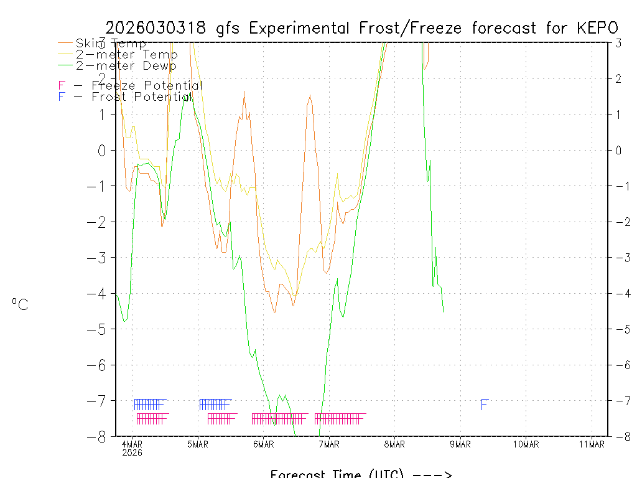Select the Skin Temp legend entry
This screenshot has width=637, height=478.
(111, 44)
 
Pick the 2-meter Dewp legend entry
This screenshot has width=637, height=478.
(126, 65)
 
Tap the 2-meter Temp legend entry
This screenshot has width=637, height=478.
(126, 54)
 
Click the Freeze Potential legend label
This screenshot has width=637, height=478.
(147, 86)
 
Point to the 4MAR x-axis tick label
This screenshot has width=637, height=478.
(133, 444)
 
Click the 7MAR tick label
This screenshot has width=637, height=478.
(329, 444)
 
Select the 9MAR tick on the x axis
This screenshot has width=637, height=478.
(460, 444)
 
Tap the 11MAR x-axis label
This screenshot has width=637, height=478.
(592, 444)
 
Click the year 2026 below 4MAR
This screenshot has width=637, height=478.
(133, 452)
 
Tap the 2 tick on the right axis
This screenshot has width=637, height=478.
(618, 78)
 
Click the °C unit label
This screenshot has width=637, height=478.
(20, 304)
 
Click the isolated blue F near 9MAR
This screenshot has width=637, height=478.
(485, 405)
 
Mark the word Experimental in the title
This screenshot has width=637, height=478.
(302, 28)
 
